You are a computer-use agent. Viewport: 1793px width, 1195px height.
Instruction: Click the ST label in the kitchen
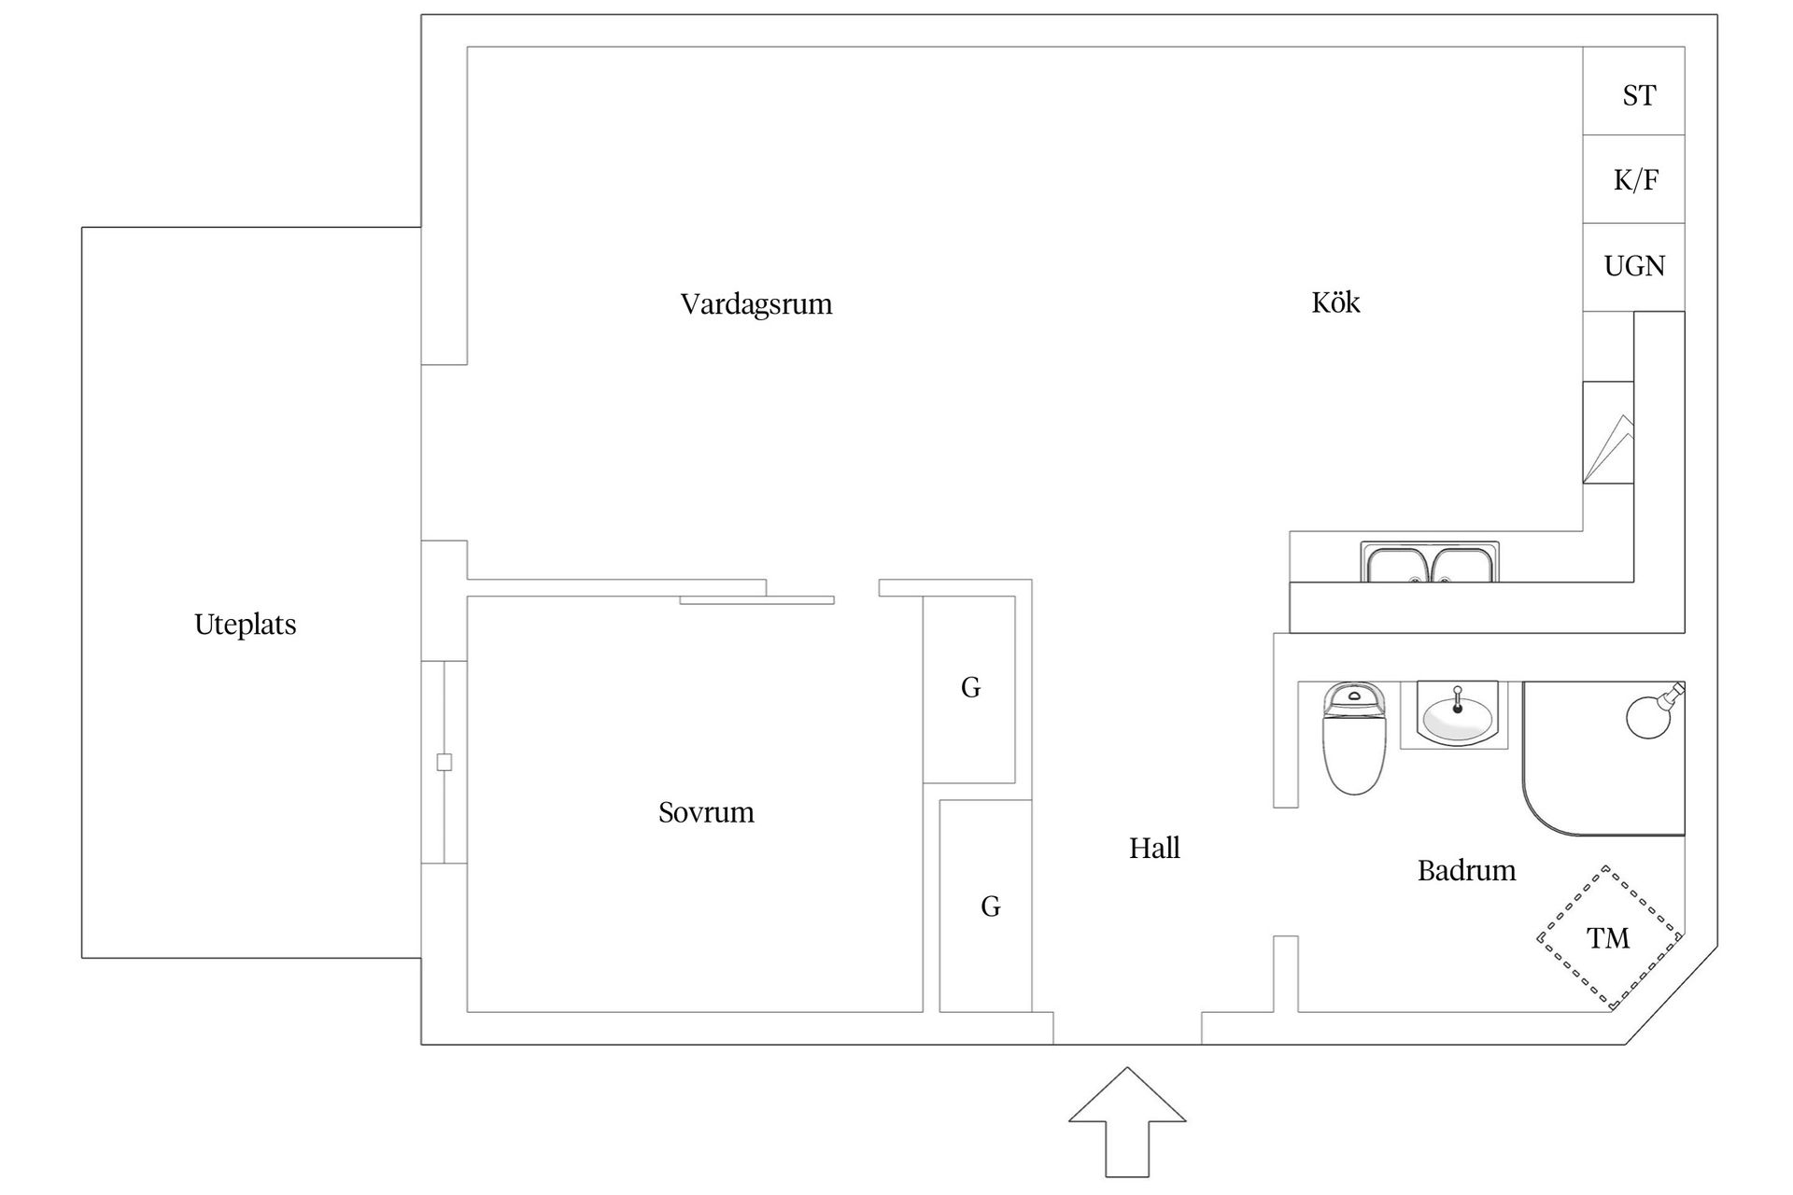[x=1639, y=95]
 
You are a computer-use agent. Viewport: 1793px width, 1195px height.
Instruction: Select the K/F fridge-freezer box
[x=1634, y=179]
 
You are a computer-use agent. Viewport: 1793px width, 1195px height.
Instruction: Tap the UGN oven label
[x=1634, y=266]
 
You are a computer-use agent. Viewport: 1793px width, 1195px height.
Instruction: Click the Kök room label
[x=1335, y=302]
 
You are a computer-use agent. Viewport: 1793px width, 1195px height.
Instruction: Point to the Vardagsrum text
[x=755, y=304]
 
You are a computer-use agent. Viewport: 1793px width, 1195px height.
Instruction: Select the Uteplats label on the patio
[x=245, y=625]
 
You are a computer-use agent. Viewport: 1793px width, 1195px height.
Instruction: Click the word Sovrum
[x=706, y=812]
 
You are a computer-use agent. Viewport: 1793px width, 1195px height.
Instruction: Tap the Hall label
[x=1154, y=848]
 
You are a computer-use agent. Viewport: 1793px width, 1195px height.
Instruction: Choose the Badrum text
[x=1466, y=871]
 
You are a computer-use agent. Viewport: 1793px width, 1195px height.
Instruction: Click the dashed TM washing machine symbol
[x=1608, y=937]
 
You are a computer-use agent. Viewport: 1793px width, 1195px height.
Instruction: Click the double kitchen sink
[x=1430, y=564]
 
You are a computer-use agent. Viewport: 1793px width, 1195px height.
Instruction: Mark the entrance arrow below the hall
[x=1127, y=1120]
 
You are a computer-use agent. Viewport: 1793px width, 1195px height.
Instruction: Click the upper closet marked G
[x=969, y=688]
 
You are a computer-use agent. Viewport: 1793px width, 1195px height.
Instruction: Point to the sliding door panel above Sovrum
[x=756, y=600]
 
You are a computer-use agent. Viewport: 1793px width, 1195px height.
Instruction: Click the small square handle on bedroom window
[x=445, y=762]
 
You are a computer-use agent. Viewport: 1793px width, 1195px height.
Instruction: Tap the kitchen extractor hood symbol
[x=1608, y=433]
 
